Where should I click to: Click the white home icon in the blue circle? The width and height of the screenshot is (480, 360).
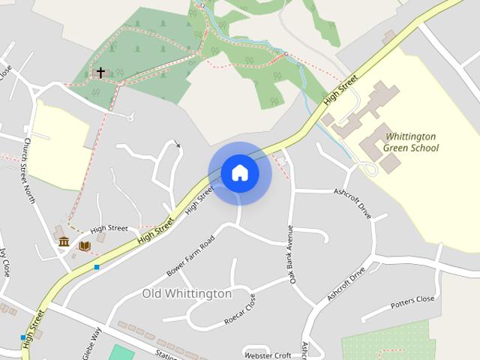(240, 172)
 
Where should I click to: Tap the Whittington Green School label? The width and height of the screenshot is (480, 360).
(410, 142)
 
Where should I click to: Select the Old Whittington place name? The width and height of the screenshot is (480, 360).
(187, 294)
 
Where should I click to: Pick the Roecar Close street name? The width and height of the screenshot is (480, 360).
(239, 310)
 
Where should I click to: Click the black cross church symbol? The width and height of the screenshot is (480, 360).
(100, 73)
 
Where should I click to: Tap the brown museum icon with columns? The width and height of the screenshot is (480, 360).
(64, 241)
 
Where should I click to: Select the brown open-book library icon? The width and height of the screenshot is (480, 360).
(85, 246)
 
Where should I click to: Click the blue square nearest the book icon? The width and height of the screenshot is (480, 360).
(96, 267)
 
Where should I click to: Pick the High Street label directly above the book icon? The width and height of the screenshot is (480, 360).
(109, 228)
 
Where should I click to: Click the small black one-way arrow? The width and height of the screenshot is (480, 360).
(178, 144)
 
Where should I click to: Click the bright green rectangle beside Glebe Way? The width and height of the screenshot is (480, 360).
(122, 353)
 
